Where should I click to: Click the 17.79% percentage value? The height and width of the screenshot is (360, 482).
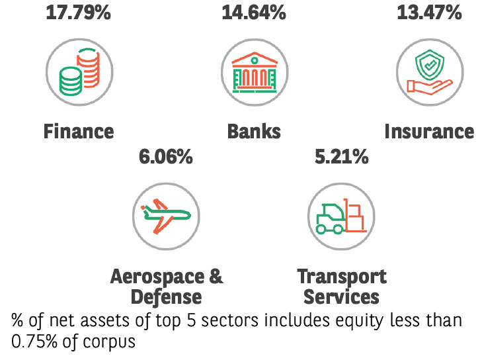78,12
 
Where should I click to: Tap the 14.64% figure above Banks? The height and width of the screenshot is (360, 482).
254,12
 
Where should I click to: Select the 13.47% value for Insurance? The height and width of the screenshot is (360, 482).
428,12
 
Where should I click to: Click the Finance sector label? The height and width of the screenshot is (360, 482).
79,131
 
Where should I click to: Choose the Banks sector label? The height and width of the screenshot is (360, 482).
254,131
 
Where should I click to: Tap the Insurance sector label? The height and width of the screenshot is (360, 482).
429,131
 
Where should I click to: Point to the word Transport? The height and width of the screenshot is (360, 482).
341,276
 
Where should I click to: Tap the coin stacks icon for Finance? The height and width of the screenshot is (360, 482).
79,71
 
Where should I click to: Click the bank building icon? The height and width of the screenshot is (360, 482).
254,71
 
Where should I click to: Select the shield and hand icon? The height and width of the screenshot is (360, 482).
429,71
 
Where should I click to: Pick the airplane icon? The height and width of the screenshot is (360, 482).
165,216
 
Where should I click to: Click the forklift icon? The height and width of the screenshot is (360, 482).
341,216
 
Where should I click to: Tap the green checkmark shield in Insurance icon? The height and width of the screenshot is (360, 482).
430,64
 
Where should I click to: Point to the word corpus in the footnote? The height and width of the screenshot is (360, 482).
116,343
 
